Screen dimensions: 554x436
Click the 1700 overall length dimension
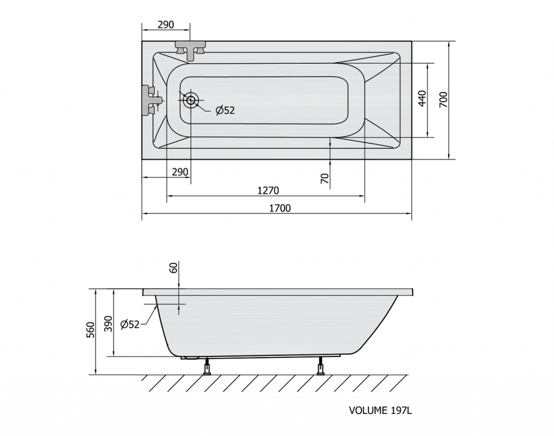tap(280, 208)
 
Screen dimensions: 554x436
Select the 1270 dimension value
tap(268, 191)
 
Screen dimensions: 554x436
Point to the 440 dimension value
tap(422, 99)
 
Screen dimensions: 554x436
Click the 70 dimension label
tap(325, 178)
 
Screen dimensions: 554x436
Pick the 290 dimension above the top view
tap(166, 25)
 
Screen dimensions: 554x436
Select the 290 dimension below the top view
tap(180, 172)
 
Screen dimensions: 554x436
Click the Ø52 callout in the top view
tap(225, 110)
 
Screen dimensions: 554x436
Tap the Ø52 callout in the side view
tap(130, 324)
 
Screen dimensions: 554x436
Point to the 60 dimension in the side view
tap(173, 268)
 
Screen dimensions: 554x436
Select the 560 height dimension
tap(91, 330)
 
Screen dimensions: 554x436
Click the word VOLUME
tap(368, 410)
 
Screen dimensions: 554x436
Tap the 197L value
tap(401, 410)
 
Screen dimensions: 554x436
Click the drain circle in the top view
tap(191, 100)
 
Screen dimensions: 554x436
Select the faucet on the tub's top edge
tap(190, 50)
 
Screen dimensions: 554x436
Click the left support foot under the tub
tap(207, 366)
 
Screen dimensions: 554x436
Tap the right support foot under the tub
tap(320, 366)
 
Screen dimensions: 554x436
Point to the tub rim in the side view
tap(278, 292)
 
